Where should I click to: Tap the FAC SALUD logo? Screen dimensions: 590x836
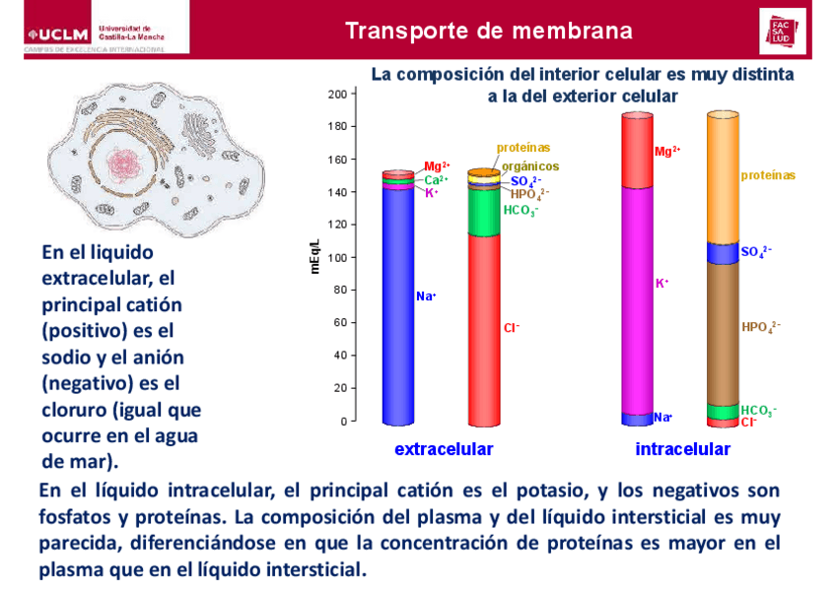point(782,31)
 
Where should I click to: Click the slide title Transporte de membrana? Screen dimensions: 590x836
point(489,31)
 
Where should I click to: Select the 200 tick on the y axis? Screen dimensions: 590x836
point(337,94)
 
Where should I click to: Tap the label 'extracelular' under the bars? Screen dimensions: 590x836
point(444,450)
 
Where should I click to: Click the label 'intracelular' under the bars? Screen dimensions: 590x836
point(683,450)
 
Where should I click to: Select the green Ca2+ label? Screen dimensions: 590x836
point(436,180)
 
